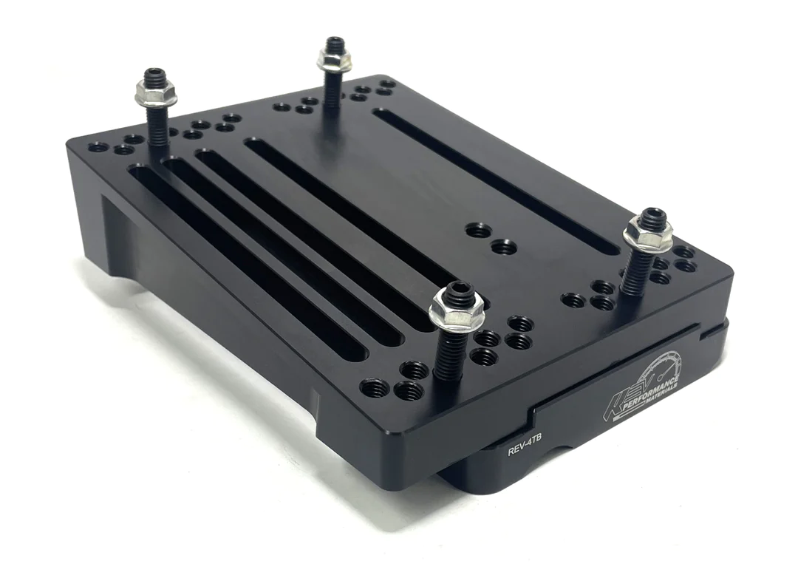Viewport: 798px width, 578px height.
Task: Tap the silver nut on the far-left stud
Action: click(156, 92)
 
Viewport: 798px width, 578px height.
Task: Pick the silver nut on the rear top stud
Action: click(334, 58)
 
